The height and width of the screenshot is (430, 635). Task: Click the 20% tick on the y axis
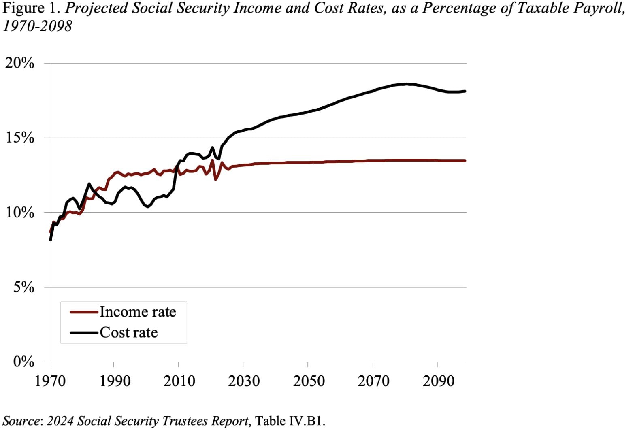(x=19, y=64)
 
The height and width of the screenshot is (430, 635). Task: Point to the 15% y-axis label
(x=19, y=138)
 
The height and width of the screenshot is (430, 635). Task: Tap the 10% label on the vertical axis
(x=19, y=213)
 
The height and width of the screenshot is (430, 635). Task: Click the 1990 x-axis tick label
(x=115, y=381)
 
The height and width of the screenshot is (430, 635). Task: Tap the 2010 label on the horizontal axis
(x=179, y=381)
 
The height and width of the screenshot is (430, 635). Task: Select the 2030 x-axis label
(x=244, y=381)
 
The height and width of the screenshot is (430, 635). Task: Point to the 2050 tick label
(x=309, y=381)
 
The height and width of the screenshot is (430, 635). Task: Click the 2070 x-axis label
(x=373, y=381)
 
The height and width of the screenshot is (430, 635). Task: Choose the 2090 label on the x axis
(x=438, y=381)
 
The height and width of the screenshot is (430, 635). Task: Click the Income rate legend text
(x=138, y=312)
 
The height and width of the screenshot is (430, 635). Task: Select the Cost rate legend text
(x=128, y=332)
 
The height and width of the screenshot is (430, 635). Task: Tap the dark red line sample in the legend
(x=84, y=312)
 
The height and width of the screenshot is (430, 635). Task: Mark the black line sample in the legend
(x=84, y=333)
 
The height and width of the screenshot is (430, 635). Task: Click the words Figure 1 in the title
(x=31, y=8)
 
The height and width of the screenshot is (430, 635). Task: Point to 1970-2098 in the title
(x=37, y=26)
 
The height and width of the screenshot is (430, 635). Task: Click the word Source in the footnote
(x=21, y=421)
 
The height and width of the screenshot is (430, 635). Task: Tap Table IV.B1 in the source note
(x=290, y=421)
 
